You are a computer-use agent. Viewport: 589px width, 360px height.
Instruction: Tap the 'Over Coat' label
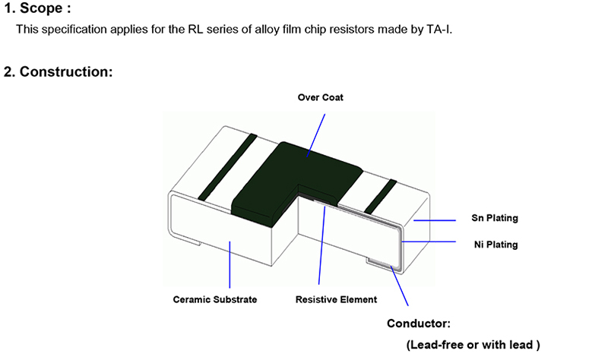tap(320, 97)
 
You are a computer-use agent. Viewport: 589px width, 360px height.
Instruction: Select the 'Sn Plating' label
tap(494, 218)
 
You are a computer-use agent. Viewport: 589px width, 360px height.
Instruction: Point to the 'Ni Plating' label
tap(494, 245)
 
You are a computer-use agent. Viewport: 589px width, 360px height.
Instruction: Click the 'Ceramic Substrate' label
tap(215, 299)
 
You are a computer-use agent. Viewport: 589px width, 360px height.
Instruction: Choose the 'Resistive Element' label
tap(336, 299)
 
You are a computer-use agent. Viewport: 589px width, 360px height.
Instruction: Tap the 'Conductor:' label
tap(419, 323)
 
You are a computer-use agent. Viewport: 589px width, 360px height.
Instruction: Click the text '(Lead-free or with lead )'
tap(473, 344)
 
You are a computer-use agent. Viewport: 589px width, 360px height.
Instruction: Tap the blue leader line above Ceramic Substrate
tap(230, 262)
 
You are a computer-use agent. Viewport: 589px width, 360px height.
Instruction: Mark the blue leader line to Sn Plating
tap(433, 219)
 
